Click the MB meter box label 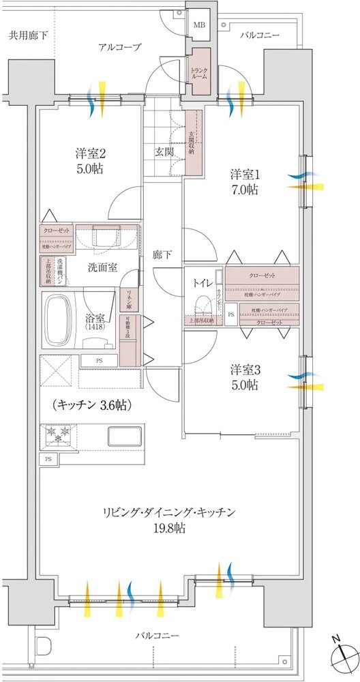click(199, 26)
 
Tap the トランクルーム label click(200, 73)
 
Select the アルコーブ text click(119, 47)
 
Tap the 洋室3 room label click(243, 370)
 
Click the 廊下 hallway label click(162, 254)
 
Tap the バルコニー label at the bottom click(157, 636)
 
